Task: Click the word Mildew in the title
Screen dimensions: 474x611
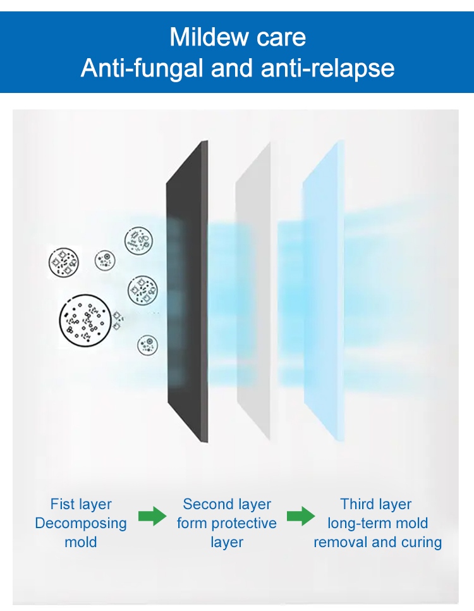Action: pos(204,37)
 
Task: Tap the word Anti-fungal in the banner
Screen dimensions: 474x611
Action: pos(142,68)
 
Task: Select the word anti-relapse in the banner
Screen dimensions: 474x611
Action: pos(327,68)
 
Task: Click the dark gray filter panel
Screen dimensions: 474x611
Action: pos(187,292)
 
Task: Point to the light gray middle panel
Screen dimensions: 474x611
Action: pos(253,292)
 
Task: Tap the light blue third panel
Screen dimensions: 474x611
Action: pos(324,292)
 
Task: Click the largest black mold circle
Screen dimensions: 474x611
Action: pos(85,320)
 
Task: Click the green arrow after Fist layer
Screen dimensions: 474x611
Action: pos(152,516)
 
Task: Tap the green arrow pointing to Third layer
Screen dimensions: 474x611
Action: pos(301,516)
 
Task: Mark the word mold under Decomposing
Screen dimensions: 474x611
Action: pos(81,543)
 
